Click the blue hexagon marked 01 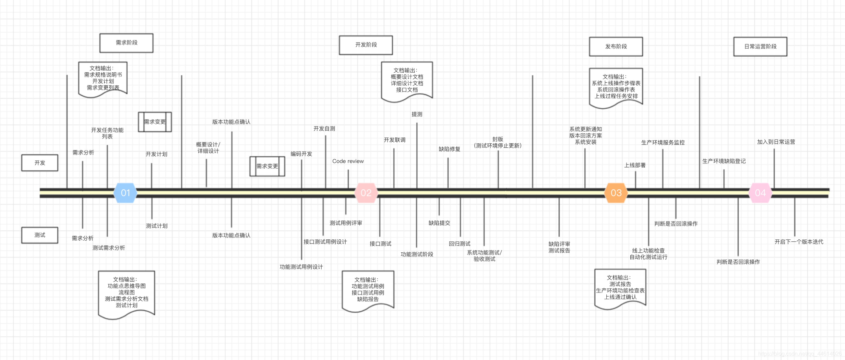pyautogui.click(x=126, y=193)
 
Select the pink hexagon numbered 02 pyautogui.click(x=366, y=193)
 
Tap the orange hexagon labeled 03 pyautogui.click(x=616, y=193)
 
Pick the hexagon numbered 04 pyautogui.click(x=760, y=193)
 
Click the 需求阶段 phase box pyautogui.click(x=126, y=43)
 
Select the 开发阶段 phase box pyautogui.click(x=366, y=45)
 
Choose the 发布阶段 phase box pyautogui.click(x=616, y=47)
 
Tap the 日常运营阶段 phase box pyautogui.click(x=760, y=47)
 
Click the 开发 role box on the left pyautogui.click(x=40, y=163)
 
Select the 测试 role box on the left pyautogui.click(x=40, y=235)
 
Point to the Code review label pyautogui.click(x=348, y=161)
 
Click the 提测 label pyautogui.click(x=417, y=115)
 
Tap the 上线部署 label pyautogui.click(x=635, y=165)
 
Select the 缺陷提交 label pyautogui.click(x=439, y=223)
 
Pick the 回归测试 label pyautogui.click(x=460, y=244)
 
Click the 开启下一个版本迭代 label pyautogui.click(x=799, y=242)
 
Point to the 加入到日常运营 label pyautogui.click(x=776, y=142)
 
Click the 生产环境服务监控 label pyautogui.click(x=663, y=143)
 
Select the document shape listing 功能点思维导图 pyautogui.click(x=127, y=293)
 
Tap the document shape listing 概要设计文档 pyautogui.click(x=407, y=81)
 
